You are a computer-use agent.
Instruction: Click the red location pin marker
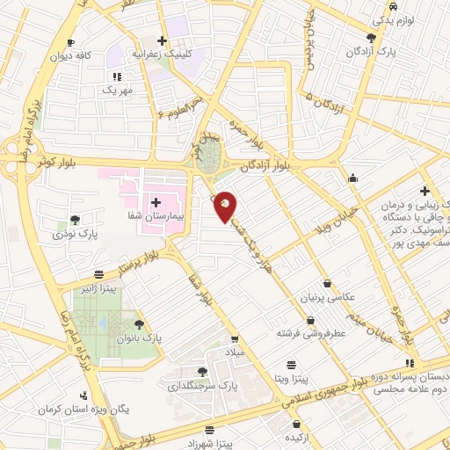click(x=226, y=207)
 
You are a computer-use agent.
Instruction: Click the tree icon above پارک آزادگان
click(x=371, y=38)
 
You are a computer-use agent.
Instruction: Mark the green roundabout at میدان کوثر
click(x=209, y=161)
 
